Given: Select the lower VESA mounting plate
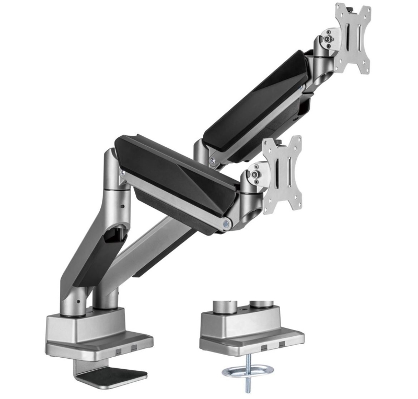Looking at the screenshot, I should pyautogui.click(x=283, y=174).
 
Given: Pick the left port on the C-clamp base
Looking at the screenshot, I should pyautogui.click(x=120, y=347).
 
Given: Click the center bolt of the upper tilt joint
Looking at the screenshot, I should pyautogui.click(x=328, y=37).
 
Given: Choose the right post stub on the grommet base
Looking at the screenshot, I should pyautogui.click(x=258, y=303).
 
